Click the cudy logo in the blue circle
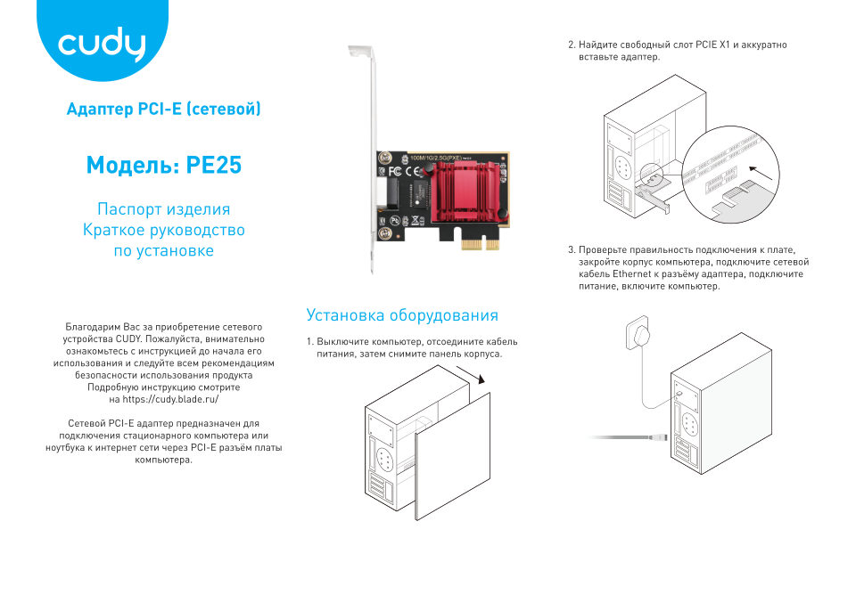point(101,45)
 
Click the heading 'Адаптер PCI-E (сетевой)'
point(163,110)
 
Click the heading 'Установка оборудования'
point(401,315)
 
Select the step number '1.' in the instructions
point(309,342)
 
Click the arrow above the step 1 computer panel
point(480,378)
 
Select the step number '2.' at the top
point(572,45)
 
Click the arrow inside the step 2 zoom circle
point(757,168)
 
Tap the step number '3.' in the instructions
point(572,250)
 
